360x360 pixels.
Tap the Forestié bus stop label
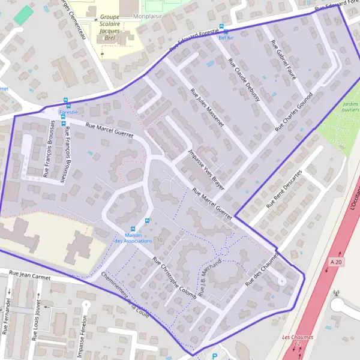68,112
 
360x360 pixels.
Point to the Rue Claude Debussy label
244,79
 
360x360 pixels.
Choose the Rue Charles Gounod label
294,112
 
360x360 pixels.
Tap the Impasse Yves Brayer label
206,170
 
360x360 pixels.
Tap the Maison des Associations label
133,238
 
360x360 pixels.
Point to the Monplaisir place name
148,17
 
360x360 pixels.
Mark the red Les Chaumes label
298,337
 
